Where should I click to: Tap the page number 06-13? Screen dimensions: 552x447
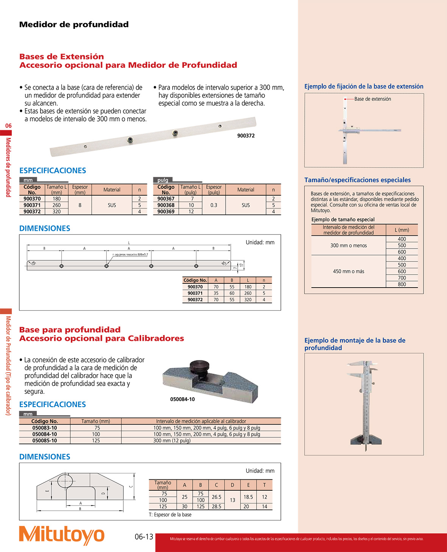click(x=144, y=537)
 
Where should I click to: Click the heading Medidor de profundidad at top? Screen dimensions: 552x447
click(x=74, y=25)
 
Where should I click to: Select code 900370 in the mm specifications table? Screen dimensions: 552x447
click(x=32, y=199)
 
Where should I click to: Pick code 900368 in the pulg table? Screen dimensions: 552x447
click(x=166, y=205)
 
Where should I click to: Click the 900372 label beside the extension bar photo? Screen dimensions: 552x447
click(x=246, y=136)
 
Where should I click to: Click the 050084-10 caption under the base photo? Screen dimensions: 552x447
click(x=182, y=399)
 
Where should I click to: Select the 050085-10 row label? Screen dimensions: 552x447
click(x=45, y=441)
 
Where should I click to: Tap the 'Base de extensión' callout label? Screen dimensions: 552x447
click(x=372, y=99)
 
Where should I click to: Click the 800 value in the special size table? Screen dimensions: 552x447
click(x=402, y=285)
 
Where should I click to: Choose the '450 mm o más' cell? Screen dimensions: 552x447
click(x=348, y=271)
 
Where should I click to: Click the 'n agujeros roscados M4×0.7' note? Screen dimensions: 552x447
click(x=130, y=255)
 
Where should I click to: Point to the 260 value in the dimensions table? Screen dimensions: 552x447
click(x=248, y=293)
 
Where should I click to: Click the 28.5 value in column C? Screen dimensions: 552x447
click(x=216, y=506)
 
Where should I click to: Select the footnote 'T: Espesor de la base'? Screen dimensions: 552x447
click(x=170, y=515)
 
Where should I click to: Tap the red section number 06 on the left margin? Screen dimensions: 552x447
click(x=8, y=126)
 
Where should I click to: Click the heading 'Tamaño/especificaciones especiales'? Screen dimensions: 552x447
click(x=357, y=180)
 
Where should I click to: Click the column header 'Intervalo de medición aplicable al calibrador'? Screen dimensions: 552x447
click(x=201, y=421)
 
